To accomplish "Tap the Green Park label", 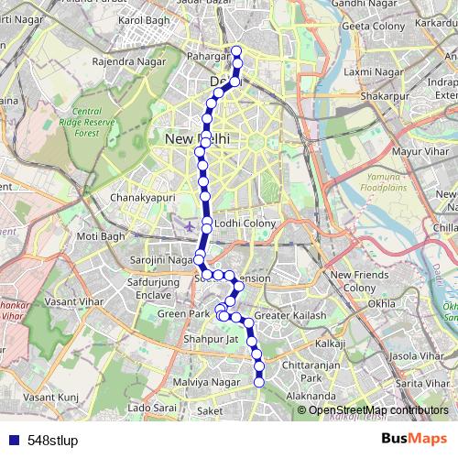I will pos(182,313).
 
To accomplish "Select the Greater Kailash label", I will pos(283,317).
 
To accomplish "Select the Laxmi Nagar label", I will pos(360,71).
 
